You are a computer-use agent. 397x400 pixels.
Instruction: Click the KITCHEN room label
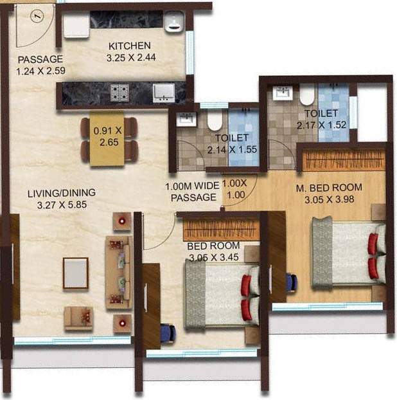129,46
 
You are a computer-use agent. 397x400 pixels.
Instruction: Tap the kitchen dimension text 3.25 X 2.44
131,57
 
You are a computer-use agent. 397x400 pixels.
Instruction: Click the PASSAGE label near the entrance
40,60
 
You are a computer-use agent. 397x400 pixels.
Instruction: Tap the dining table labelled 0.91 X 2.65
107,139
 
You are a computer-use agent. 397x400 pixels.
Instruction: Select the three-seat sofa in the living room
118,268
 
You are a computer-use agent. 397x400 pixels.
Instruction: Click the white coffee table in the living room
75,273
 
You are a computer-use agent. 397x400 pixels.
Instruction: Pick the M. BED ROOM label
329,187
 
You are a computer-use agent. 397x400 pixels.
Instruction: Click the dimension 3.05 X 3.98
329,199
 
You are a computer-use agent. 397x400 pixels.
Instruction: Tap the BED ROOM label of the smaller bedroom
213,246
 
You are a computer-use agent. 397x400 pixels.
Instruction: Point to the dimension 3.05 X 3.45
213,257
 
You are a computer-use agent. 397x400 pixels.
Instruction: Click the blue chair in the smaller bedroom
167,333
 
